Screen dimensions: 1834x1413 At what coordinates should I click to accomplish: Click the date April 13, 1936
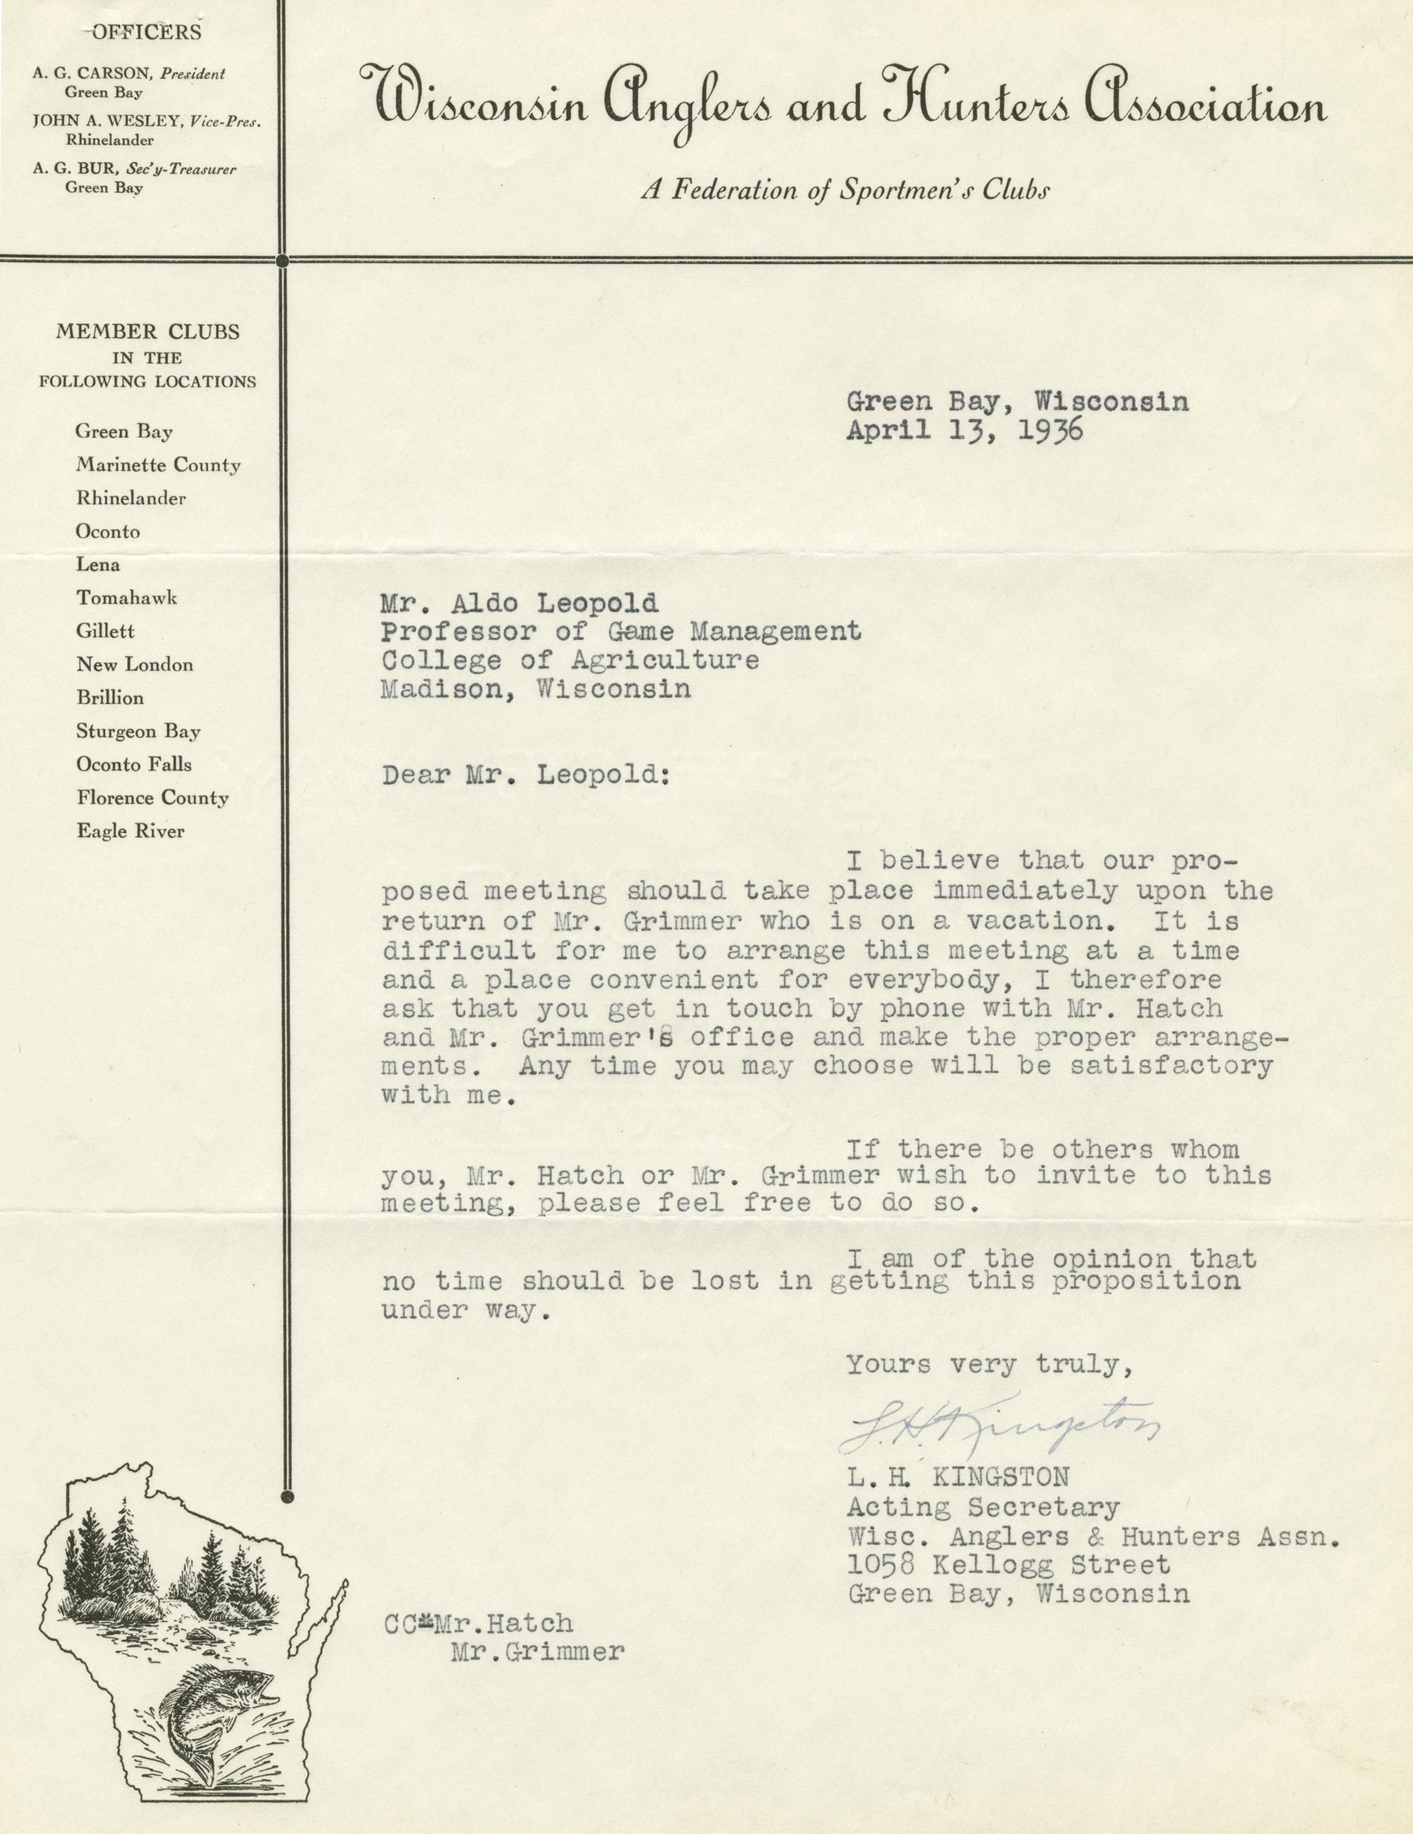coord(965,431)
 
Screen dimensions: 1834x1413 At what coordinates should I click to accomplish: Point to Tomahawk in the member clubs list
coord(126,598)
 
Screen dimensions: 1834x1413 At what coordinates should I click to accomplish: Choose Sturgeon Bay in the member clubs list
coord(138,732)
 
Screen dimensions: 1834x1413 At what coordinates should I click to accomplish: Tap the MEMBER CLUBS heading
coord(148,332)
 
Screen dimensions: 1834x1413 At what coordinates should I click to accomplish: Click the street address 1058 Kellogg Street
coord(1008,1565)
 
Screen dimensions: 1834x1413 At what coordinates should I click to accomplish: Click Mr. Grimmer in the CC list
coord(538,1653)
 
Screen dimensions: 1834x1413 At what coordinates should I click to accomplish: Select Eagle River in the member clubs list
coord(130,831)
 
